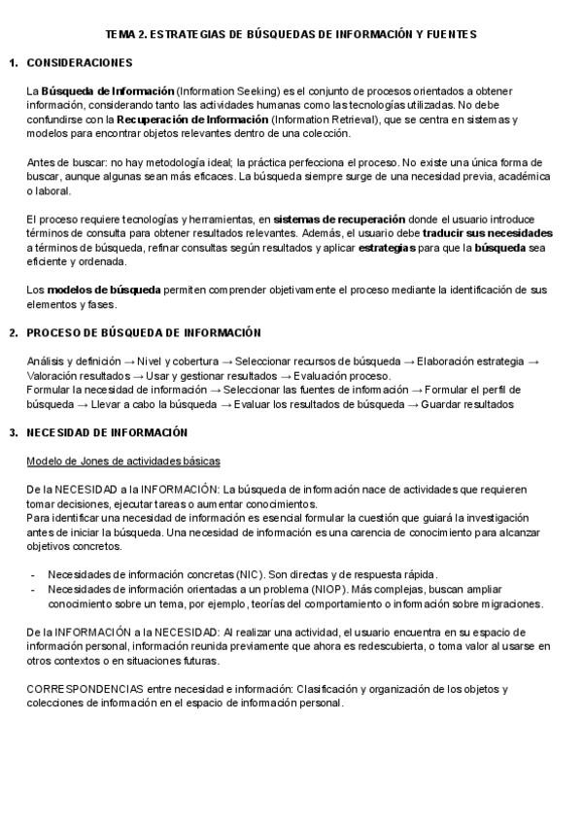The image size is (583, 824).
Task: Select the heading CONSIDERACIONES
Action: click(x=80, y=63)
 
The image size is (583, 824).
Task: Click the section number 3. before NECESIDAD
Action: click(x=13, y=431)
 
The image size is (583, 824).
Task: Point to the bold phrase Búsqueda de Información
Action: click(x=108, y=91)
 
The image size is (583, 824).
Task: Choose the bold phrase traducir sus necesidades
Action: click(x=488, y=234)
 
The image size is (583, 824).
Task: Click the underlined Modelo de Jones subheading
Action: click(x=123, y=460)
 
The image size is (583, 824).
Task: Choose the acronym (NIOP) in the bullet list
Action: click(x=309, y=589)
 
